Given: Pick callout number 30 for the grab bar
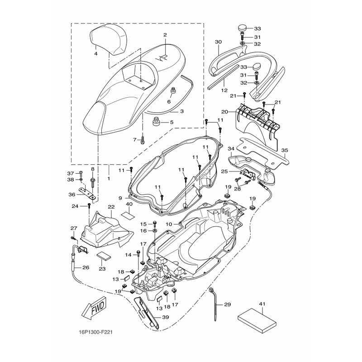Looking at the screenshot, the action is point(218,42).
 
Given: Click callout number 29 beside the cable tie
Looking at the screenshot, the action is point(227,305).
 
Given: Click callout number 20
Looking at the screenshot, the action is point(224,112).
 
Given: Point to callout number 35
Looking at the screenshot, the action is point(285,150).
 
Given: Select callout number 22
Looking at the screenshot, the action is point(111,207).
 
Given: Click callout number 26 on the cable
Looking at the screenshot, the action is point(86,267).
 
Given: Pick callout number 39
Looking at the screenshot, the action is point(165,317).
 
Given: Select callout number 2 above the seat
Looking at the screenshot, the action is point(165,35).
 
